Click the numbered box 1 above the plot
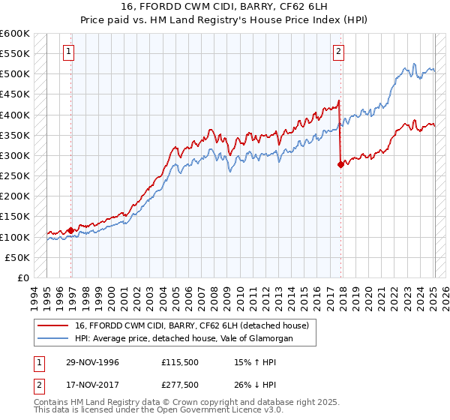(68, 52)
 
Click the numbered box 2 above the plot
(339, 52)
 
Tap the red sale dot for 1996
(71, 230)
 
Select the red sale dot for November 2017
(340, 165)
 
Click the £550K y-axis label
(15, 54)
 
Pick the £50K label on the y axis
(18, 257)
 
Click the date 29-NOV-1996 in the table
(93, 362)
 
